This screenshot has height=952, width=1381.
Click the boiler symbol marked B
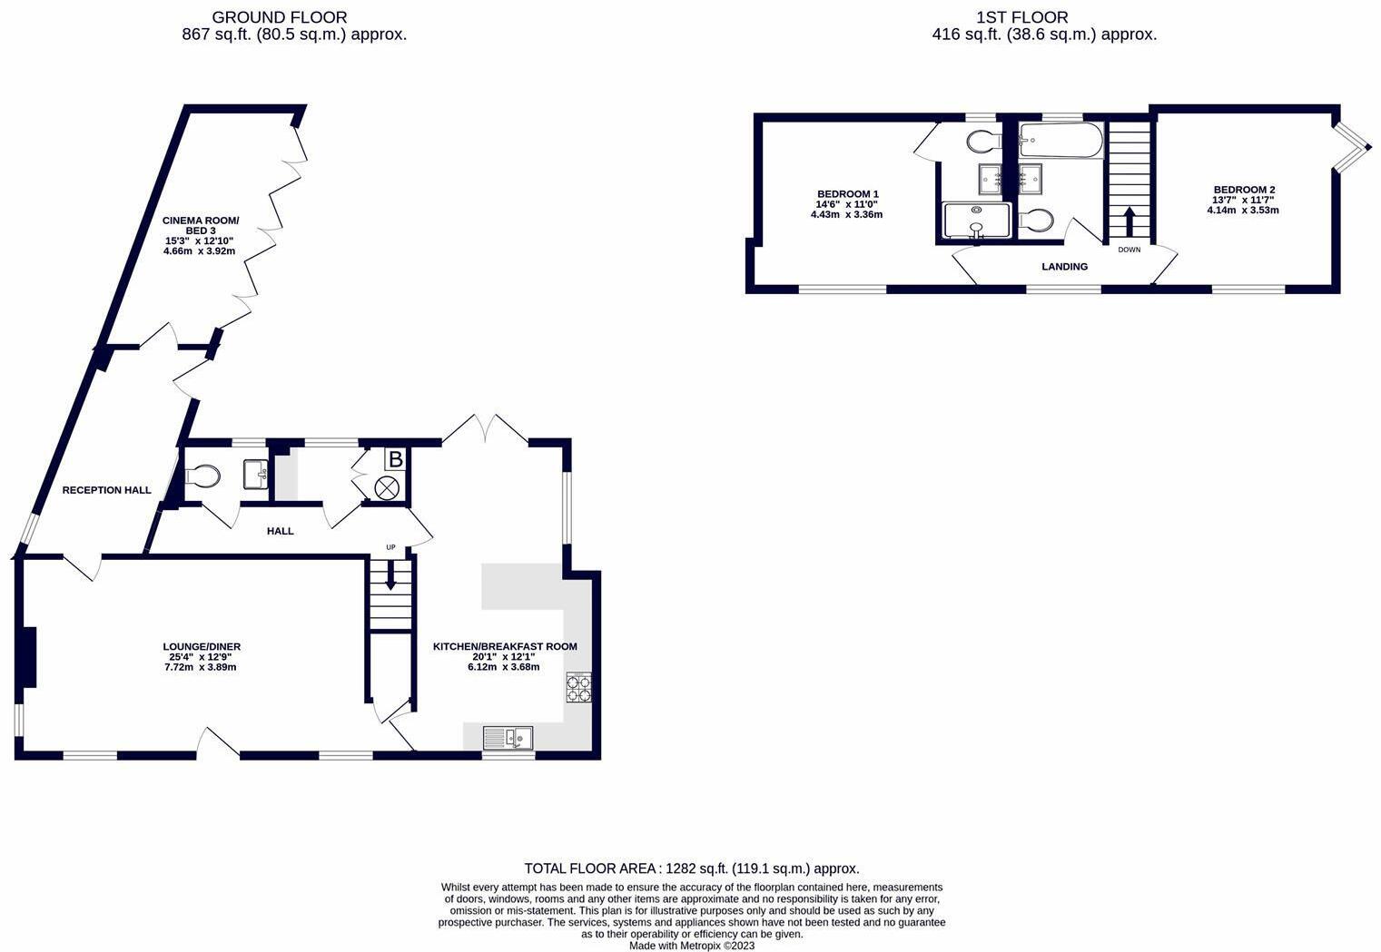pyautogui.click(x=395, y=459)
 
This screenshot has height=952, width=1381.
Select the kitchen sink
pyautogui.click(x=508, y=737)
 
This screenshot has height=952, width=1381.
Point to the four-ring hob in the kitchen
pyautogui.click(x=579, y=689)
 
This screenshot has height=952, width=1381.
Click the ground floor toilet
pyautogui.click(x=202, y=476)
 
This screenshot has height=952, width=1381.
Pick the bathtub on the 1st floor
pyautogui.click(x=1060, y=141)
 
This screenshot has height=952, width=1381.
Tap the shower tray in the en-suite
pyautogui.click(x=976, y=220)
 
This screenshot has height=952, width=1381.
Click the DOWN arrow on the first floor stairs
pyautogui.click(x=1129, y=221)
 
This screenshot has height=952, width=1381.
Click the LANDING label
pyautogui.click(x=1064, y=267)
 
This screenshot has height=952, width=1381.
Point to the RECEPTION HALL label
pyautogui.click(x=106, y=490)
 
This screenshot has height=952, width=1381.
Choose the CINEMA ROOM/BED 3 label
pyautogui.click(x=201, y=225)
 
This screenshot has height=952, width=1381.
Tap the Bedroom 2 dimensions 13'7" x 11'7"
pyautogui.click(x=1242, y=200)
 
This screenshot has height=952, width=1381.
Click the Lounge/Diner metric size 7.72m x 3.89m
pyautogui.click(x=201, y=667)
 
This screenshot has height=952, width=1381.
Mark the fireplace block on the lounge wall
pyautogui.click(x=29, y=656)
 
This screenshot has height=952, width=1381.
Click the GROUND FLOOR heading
pyautogui.click(x=279, y=17)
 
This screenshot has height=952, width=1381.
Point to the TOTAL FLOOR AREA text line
pyautogui.click(x=691, y=869)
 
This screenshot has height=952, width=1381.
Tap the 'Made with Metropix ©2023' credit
pyautogui.click(x=691, y=946)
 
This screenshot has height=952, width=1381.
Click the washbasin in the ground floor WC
pyautogui.click(x=256, y=474)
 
